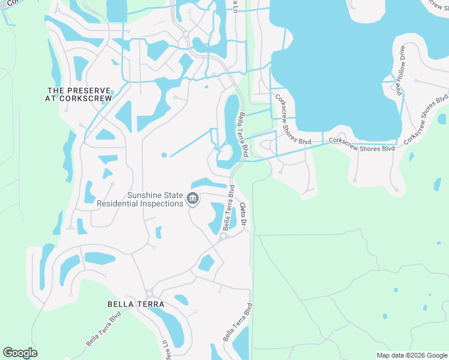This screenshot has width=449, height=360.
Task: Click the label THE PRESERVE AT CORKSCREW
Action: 79,94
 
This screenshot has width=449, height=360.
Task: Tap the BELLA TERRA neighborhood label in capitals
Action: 136,304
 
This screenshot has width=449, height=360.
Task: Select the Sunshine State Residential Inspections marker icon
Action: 193,199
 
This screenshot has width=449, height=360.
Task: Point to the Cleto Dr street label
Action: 244,214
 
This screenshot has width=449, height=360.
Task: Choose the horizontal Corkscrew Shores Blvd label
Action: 361,145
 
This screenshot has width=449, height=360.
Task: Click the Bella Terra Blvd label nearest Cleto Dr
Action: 229,208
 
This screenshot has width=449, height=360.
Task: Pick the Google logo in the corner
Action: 20,353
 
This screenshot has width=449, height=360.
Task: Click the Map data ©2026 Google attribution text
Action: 411,355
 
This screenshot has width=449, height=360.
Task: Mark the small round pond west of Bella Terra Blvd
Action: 164,155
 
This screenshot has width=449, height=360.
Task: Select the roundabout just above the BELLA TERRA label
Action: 149,293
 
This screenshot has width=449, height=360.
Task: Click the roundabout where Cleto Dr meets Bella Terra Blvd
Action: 223,236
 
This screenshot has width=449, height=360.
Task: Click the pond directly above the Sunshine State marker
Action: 208,183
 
